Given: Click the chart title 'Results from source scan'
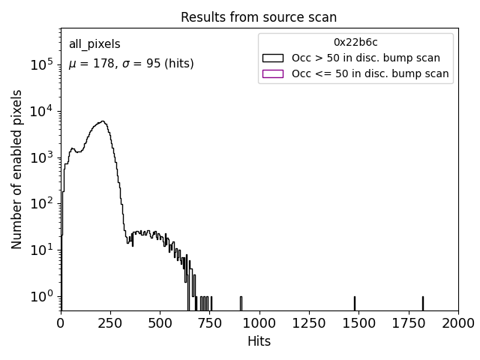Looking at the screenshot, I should tap(259, 17).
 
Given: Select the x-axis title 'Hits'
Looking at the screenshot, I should tap(259, 341).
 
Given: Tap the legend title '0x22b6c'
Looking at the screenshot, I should tap(355, 42).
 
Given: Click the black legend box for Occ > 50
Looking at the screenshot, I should tap(273, 58).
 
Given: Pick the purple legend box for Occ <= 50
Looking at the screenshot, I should tap(273, 73).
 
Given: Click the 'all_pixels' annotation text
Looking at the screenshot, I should tap(94, 45).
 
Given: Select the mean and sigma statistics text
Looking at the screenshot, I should tap(131, 64).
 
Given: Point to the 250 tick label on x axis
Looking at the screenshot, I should tap(110, 323).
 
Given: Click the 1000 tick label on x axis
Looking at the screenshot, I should tap(259, 323).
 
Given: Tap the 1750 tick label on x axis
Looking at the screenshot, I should tap(408, 323).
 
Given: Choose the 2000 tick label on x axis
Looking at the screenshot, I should tap(457, 323).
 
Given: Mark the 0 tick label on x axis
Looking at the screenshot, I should tap(61, 323).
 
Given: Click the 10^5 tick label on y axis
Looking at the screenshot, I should tap(40, 65).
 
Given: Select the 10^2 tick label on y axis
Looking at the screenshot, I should tap(40, 203).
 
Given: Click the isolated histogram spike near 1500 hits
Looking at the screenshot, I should tap(355, 303).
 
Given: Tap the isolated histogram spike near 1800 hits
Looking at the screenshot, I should tap(422, 303).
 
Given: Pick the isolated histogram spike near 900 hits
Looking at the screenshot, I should tap(241, 303).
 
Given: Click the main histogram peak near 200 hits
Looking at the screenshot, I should tap(101, 121).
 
